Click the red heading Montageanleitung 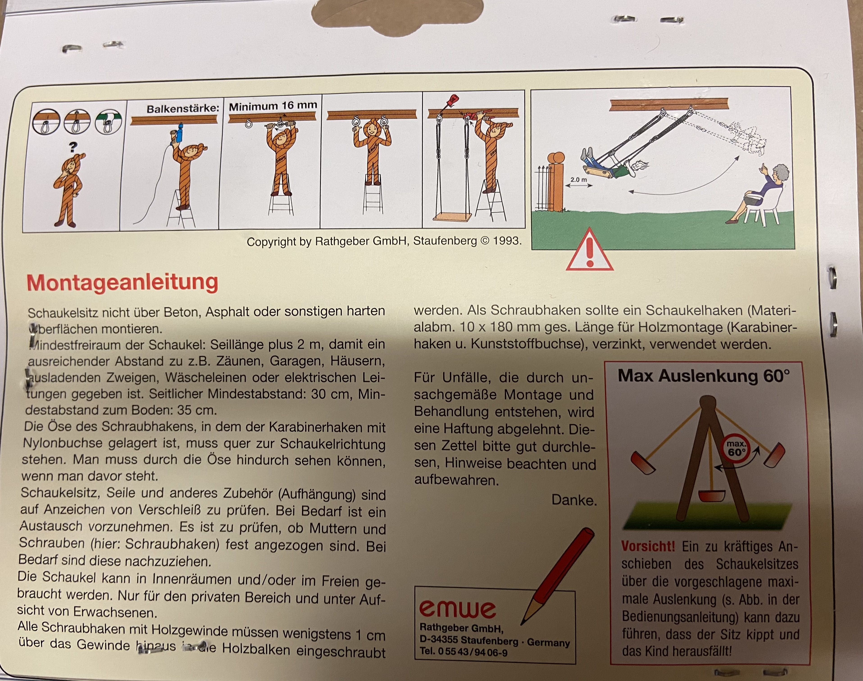(x=122, y=283)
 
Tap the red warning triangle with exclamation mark (x=590, y=250)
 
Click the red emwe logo (x=457, y=609)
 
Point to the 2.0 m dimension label (x=578, y=179)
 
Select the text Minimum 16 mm (x=273, y=106)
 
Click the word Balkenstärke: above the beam (x=183, y=109)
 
